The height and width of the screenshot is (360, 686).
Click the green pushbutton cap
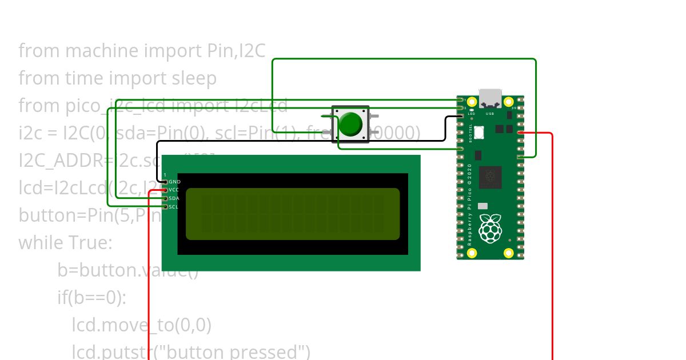[x=350, y=124]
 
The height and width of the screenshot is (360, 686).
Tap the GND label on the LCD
[x=174, y=182]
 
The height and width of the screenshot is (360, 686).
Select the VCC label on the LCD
[x=174, y=190]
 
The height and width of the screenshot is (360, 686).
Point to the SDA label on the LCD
[x=174, y=198]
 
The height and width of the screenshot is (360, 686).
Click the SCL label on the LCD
[x=174, y=207]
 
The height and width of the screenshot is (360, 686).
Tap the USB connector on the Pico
[x=490, y=98]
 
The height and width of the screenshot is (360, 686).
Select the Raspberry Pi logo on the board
[x=490, y=228]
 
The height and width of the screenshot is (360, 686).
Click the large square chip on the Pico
[x=490, y=177]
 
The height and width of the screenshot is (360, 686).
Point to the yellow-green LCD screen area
[x=293, y=214]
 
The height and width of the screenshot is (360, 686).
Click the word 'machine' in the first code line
[x=102, y=51]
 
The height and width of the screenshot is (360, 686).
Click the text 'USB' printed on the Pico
[x=490, y=114]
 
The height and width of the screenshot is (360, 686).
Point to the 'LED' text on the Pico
[x=471, y=114]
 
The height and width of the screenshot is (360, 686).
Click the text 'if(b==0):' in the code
[x=91, y=298]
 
